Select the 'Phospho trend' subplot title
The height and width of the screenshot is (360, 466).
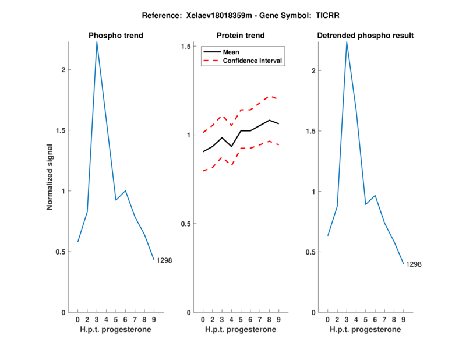[x=116, y=36]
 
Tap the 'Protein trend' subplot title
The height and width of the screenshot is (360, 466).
[x=241, y=36]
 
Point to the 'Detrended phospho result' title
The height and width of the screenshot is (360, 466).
[x=365, y=36]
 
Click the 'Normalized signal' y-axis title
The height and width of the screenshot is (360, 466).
[x=50, y=177]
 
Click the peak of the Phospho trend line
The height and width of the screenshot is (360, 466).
[x=97, y=41]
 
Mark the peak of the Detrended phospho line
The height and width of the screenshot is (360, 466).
[x=347, y=41]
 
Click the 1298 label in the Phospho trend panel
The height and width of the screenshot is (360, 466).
[x=164, y=260]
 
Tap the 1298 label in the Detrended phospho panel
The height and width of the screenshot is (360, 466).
[x=414, y=264]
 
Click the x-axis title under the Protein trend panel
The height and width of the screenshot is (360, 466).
[x=241, y=330]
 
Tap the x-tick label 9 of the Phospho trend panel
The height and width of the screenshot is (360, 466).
[x=154, y=319]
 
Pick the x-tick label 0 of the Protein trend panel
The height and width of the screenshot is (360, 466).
[x=203, y=319]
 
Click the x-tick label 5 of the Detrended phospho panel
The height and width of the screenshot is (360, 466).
[x=365, y=319]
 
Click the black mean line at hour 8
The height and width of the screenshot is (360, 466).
[x=269, y=120]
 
